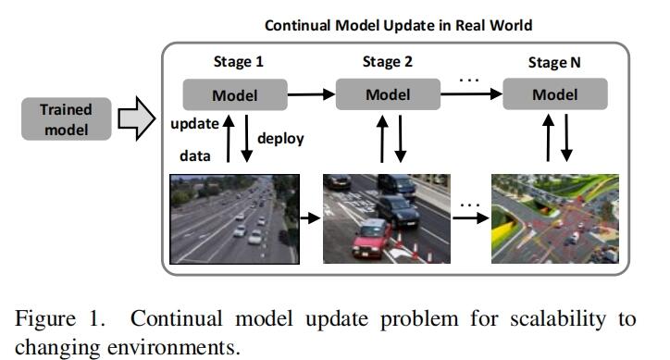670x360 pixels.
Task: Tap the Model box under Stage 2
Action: click(387, 94)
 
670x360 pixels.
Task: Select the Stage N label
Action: click(556, 63)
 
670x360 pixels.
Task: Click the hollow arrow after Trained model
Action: click(135, 119)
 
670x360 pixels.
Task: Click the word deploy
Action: click(280, 139)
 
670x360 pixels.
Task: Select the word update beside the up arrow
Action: click(193, 124)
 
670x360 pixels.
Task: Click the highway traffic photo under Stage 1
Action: click(234, 219)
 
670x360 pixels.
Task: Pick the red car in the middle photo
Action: click(371, 238)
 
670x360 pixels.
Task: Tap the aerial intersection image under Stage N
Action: click(555, 219)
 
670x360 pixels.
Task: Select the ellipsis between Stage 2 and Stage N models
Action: click(470, 80)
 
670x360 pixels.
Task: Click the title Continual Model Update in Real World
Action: click(398, 25)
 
